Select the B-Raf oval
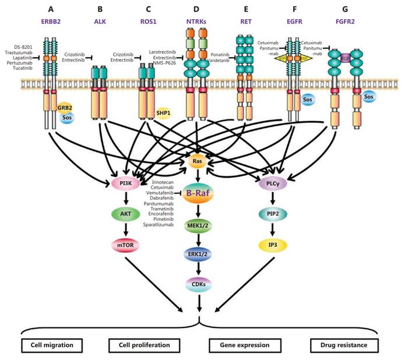[x=200, y=195]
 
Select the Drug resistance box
[x=344, y=345]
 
